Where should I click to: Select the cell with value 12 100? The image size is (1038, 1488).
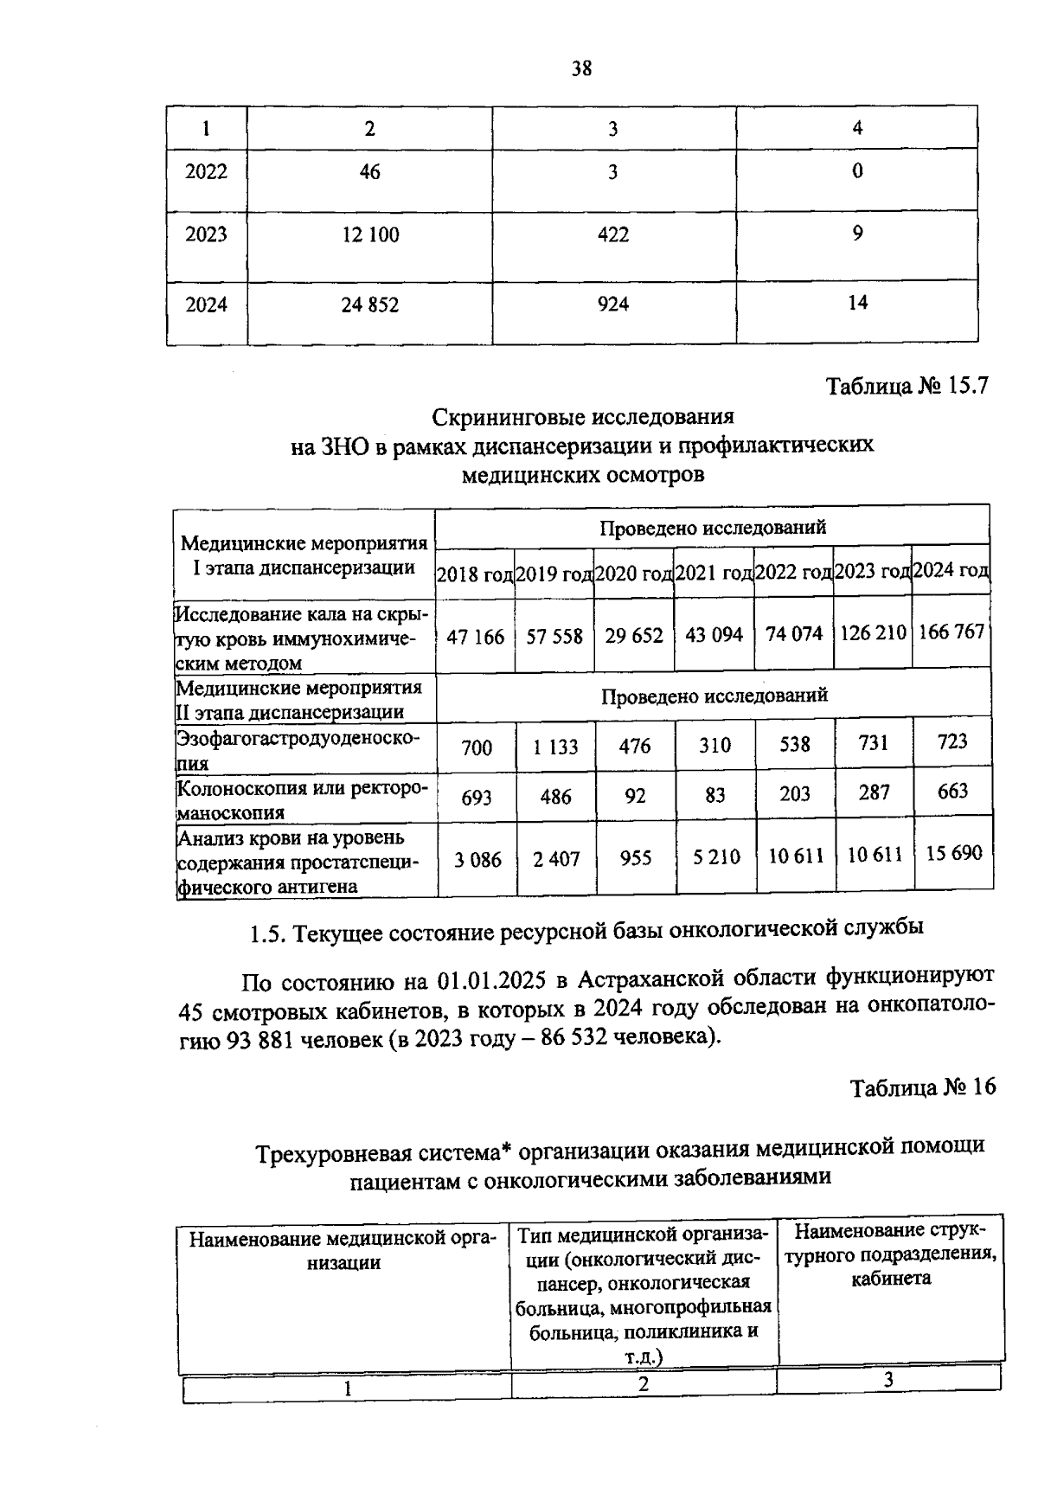click(370, 234)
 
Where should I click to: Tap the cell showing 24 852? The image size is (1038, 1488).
click(369, 305)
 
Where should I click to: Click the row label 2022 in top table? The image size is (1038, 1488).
click(206, 171)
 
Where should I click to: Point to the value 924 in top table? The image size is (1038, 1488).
click(612, 304)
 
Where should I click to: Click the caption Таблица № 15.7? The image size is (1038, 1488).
click(907, 386)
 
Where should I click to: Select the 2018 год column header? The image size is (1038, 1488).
click(475, 573)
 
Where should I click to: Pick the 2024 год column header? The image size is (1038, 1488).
click(951, 570)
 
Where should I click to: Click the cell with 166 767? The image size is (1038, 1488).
click(951, 632)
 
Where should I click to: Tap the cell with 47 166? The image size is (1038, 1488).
click(475, 637)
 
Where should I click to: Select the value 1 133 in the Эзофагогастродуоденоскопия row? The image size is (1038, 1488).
click(554, 747)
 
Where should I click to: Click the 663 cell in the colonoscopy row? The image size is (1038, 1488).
click(951, 792)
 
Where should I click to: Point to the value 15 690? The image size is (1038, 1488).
click(953, 853)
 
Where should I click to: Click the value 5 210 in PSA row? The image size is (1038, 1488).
click(715, 857)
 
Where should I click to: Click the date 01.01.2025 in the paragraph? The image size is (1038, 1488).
click(490, 981)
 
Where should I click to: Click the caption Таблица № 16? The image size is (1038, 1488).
click(923, 1087)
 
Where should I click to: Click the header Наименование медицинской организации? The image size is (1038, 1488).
click(343, 1250)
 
